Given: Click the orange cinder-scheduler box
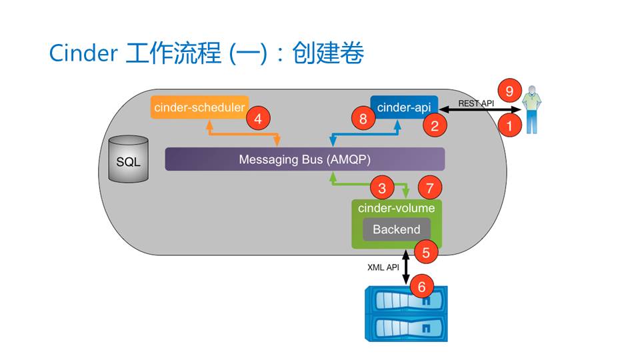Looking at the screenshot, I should (199, 107).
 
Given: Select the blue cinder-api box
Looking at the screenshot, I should (404, 107).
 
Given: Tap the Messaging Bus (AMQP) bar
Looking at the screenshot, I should (305, 159).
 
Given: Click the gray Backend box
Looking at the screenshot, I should (396, 229).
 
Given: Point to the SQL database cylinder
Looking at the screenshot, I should (129, 160).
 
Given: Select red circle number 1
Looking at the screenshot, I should (510, 124).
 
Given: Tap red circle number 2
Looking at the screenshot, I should (434, 125).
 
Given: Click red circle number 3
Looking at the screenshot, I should (382, 188).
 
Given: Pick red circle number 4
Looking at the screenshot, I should (258, 119).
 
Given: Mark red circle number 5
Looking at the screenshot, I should (426, 252).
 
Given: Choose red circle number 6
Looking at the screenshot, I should (421, 287).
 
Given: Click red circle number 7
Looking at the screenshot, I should (429, 188).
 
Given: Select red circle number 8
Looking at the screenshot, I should (363, 119).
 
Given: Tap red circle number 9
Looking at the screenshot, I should (510, 90).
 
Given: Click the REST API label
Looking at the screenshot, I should (476, 103).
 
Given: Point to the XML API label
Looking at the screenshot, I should (383, 267).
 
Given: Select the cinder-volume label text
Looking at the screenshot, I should (396, 208).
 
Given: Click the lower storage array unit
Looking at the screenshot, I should (405, 328).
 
